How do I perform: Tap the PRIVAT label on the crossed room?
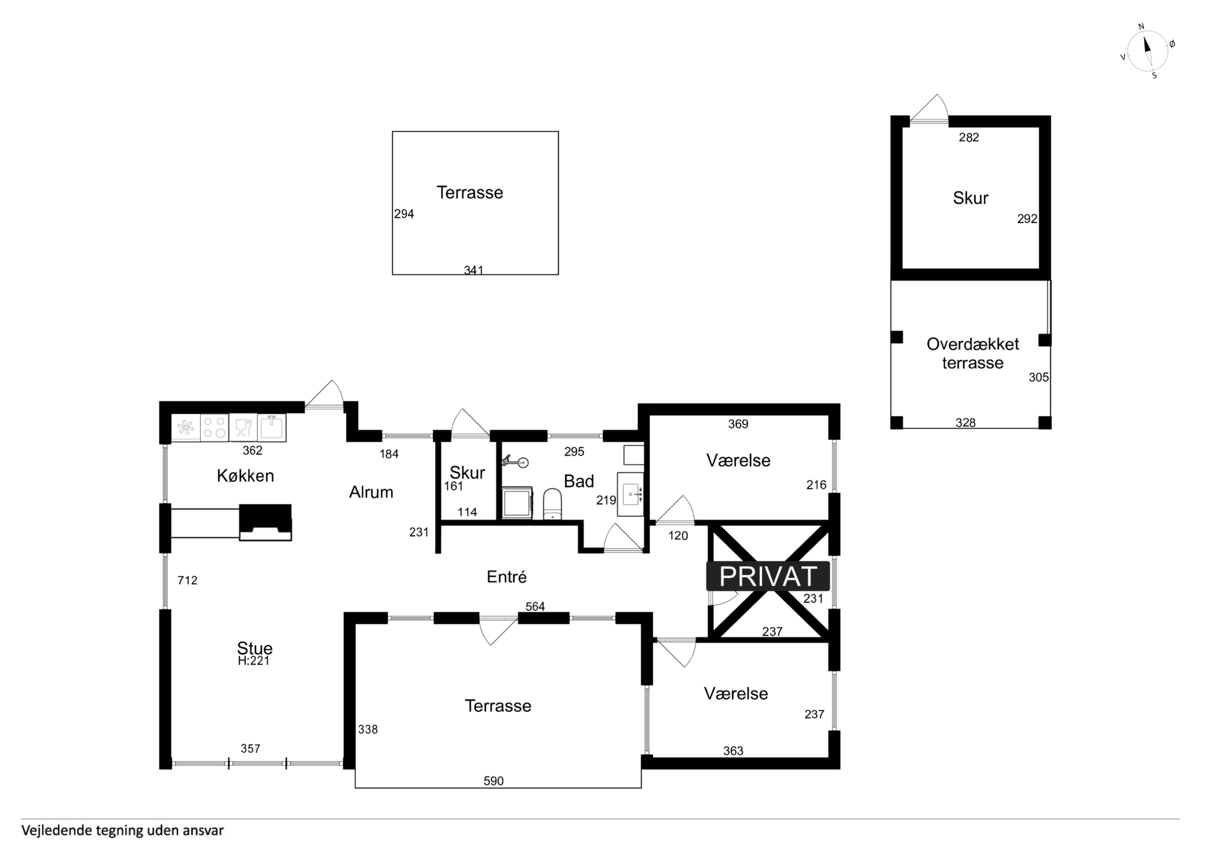tap(768, 577)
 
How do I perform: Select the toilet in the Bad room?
tap(552, 504)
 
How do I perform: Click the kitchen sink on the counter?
tap(272, 427)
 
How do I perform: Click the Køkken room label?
tap(245, 476)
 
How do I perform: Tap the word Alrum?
tap(371, 492)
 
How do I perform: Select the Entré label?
tap(506, 577)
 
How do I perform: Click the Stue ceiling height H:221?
tap(254, 661)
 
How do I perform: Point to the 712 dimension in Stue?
tap(187, 580)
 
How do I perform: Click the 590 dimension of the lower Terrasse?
tap(494, 781)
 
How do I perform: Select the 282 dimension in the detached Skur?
tap(969, 137)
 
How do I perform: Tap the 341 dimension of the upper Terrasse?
tap(474, 270)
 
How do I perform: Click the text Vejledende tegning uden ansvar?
tap(122, 831)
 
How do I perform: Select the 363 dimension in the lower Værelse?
tap(733, 751)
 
